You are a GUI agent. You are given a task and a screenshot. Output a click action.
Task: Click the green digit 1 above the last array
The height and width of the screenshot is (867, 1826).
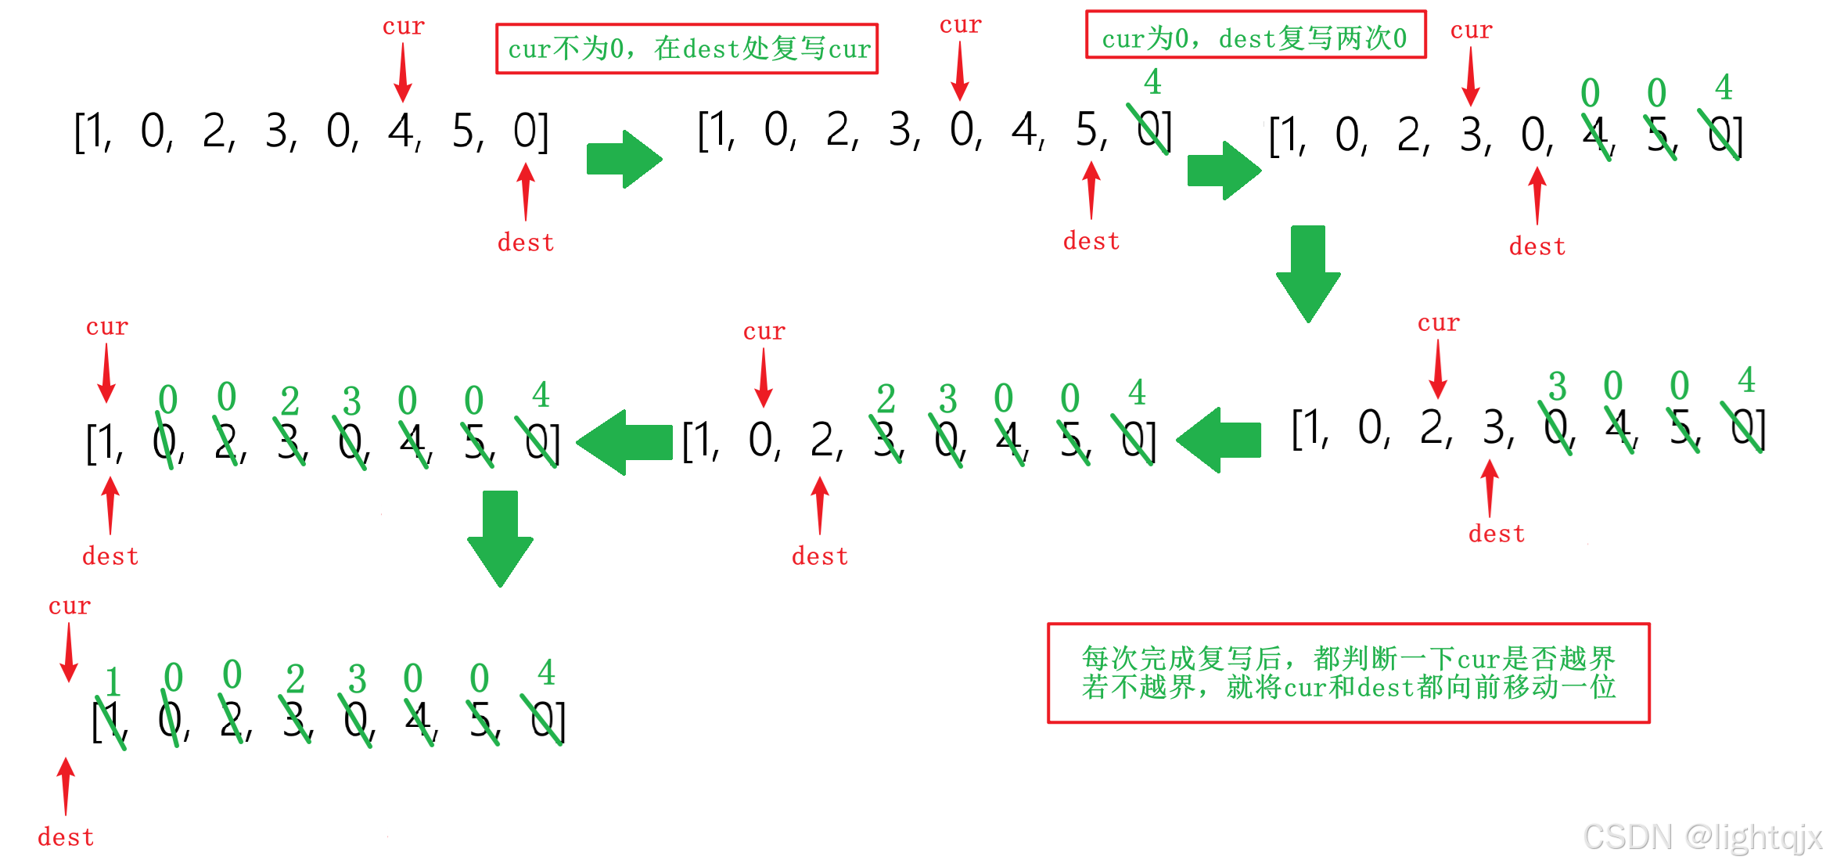tap(113, 682)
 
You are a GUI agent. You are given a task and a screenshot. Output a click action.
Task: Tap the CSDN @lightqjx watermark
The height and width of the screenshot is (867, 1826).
tap(1702, 837)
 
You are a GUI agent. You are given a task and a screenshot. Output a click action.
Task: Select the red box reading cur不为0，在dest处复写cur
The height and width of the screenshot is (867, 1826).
tap(687, 49)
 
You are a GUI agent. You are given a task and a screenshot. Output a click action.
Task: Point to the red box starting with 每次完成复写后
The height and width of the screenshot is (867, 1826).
tap(1348, 673)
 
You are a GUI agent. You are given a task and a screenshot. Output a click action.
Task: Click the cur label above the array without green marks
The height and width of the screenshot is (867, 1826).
tap(403, 27)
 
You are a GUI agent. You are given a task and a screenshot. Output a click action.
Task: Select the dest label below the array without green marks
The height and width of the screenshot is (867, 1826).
tap(526, 243)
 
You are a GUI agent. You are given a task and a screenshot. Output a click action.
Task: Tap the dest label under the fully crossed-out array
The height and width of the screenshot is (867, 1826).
tap(66, 837)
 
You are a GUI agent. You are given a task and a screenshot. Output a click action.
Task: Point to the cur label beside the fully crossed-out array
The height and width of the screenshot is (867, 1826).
tap(70, 606)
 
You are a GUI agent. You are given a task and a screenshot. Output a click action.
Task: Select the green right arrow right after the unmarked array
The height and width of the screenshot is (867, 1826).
tap(624, 159)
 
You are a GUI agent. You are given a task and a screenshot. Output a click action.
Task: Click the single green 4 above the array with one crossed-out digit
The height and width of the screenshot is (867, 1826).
tap(1152, 82)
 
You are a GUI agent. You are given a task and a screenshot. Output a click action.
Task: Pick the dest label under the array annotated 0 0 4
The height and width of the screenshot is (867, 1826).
tap(1537, 246)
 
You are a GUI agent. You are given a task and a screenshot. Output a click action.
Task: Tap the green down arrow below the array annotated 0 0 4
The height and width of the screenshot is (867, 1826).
tap(1308, 274)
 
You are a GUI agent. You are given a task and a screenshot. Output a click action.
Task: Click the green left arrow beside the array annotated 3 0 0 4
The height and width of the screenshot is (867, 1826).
tap(1219, 440)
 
